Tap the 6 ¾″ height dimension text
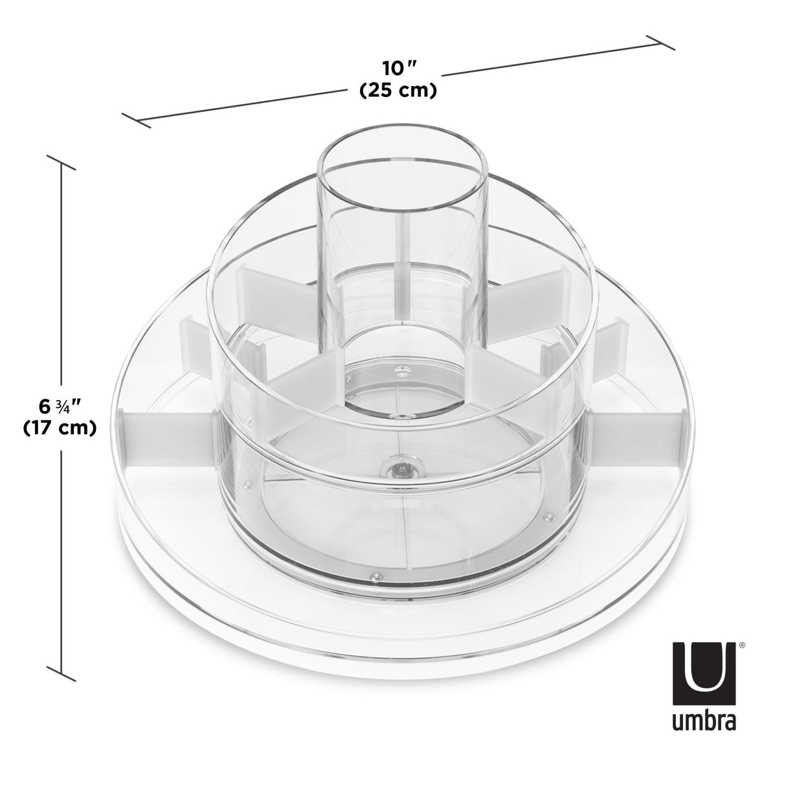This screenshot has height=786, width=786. (x=60, y=407)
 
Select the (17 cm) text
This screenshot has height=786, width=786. (x=60, y=427)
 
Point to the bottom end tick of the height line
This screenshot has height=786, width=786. (x=62, y=673)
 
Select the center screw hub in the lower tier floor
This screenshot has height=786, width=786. (x=401, y=467)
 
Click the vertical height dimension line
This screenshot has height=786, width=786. (x=62, y=291)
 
